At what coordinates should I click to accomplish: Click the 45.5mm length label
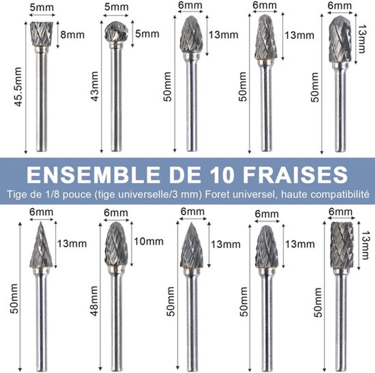click(x=18, y=87)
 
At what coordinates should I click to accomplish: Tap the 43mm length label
click(x=95, y=86)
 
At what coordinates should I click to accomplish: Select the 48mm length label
click(x=94, y=301)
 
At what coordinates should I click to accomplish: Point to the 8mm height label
click(x=72, y=35)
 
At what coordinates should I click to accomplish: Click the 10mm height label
click(x=149, y=241)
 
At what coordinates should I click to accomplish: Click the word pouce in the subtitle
click(x=77, y=195)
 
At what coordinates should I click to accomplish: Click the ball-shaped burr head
click(x=116, y=32)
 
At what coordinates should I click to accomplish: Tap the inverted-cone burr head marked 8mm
click(x=42, y=34)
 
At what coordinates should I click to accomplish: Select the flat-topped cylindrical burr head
click(x=342, y=245)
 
